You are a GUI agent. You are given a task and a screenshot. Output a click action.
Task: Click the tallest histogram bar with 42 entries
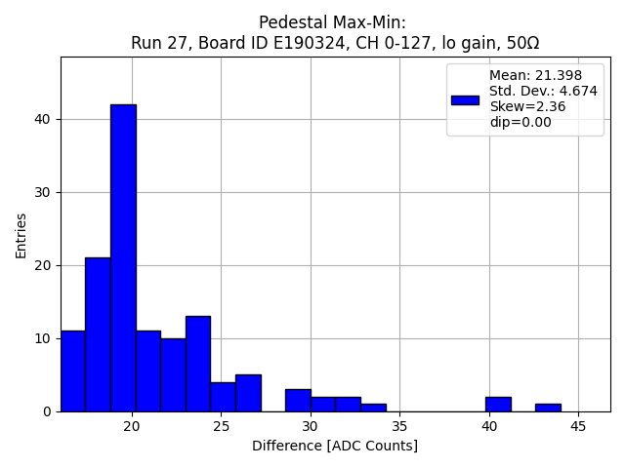point(123,258)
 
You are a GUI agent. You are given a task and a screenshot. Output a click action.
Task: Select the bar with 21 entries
point(98,334)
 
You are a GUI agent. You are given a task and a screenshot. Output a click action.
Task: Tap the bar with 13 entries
point(198,364)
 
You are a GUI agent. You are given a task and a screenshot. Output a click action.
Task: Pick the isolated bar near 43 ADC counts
point(548,408)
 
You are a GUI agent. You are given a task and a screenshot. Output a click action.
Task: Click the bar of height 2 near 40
point(498,404)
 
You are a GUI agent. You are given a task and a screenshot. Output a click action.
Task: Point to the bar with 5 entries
point(248,393)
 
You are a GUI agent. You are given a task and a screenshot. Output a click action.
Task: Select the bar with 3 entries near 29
point(298,401)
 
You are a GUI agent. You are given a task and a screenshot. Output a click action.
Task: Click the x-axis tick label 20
point(132,426)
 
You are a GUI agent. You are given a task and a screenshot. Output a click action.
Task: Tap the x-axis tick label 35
point(399,426)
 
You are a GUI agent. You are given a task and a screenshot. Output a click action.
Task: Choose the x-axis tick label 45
point(578,426)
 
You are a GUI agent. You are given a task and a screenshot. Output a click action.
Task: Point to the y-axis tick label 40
point(45,119)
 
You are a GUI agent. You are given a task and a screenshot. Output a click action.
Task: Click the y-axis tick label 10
point(45,338)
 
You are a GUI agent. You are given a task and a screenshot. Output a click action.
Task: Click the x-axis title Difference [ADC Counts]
point(335,446)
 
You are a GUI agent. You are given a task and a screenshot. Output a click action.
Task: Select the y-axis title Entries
point(21,234)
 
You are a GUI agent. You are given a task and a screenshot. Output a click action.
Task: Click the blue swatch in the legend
point(465,99)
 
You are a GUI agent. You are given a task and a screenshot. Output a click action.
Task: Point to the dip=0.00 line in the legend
point(520,123)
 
